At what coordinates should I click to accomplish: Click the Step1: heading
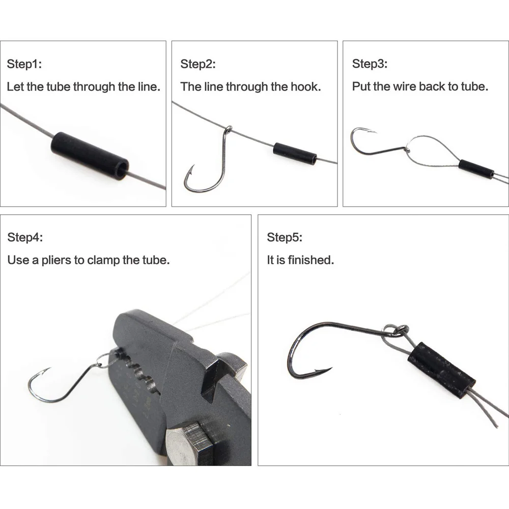pos(24,64)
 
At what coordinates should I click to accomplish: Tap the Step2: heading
pos(198,64)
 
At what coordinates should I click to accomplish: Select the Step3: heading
pos(370,64)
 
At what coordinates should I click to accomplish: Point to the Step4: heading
pos(25,237)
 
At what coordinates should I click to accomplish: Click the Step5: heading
pos(285,237)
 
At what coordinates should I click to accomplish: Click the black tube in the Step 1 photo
pos(90,155)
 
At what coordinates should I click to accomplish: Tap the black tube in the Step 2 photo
pos(295,154)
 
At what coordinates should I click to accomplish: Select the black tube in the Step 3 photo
pos(476,169)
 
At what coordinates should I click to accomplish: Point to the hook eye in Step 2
pos(229,129)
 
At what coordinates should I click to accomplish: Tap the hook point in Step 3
pos(370,131)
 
